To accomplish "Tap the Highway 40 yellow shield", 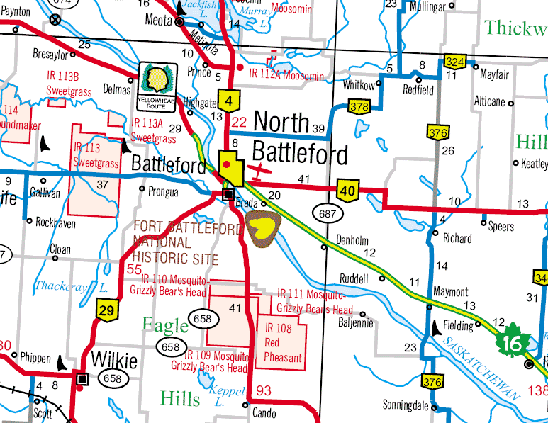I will (347, 189).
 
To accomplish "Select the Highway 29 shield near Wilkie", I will (106, 310).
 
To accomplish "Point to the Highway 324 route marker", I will (454, 62).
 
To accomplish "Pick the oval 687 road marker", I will (330, 212).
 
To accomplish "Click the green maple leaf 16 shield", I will (513, 340).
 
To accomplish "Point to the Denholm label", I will (353, 239).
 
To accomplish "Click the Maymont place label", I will (450, 292).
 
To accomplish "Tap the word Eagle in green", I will (165, 325).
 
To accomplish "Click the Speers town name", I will (502, 226).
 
